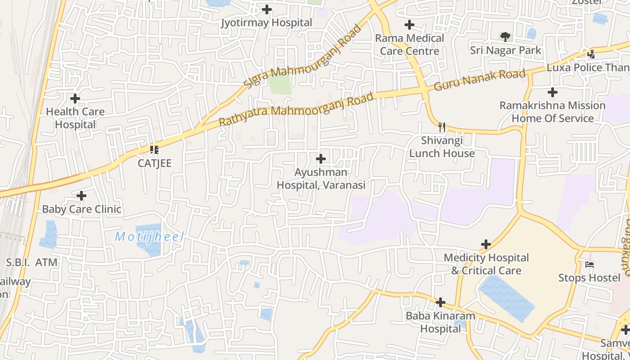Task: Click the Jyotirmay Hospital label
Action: click(x=266, y=22)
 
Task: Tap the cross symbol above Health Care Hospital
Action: click(x=75, y=98)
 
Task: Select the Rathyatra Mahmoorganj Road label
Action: click(x=297, y=109)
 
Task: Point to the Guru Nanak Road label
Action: click(x=480, y=80)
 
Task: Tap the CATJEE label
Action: click(x=154, y=163)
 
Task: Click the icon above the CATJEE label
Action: click(x=154, y=149)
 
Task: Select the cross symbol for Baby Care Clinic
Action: click(x=81, y=196)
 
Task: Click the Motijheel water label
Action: click(x=149, y=237)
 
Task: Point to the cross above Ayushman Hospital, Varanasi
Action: click(x=321, y=159)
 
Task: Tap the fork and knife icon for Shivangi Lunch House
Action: click(x=442, y=127)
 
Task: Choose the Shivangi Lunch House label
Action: click(x=441, y=147)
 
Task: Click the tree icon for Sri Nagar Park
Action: click(x=505, y=36)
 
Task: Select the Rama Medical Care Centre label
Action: click(x=409, y=45)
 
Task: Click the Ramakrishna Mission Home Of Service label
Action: click(x=552, y=112)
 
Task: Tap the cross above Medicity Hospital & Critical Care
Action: click(x=486, y=244)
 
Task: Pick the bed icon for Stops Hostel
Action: click(x=589, y=264)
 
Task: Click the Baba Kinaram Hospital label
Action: click(x=440, y=322)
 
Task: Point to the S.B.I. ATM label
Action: click(x=31, y=262)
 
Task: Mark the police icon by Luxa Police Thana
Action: click(x=591, y=54)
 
